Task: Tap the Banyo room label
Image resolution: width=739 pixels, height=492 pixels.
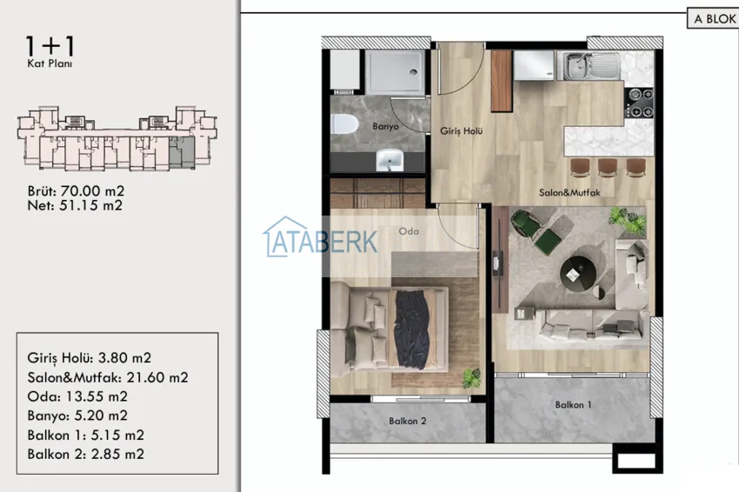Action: tap(385, 126)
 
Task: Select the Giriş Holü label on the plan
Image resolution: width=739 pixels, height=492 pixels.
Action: tap(462, 131)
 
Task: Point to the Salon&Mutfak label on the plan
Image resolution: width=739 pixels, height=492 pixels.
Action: tap(569, 192)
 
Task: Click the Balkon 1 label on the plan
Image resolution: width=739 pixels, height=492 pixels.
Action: tap(573, 404)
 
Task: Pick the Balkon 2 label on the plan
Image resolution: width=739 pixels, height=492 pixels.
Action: tap(408, 421)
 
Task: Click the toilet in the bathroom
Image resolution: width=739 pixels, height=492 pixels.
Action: tap(344, 124)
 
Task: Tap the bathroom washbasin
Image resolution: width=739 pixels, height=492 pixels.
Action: tap(389, 160)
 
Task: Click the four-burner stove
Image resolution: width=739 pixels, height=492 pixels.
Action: tap(640, 103)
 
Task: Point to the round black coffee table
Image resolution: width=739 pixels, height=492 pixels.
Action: tap(578, 274)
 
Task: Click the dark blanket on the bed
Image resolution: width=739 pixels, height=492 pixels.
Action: tap(413, 329)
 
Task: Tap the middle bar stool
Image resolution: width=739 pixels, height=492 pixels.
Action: tap(607, 167)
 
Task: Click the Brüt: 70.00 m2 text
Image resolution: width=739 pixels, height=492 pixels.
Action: tap(76, 191)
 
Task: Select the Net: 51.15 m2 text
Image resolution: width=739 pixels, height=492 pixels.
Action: tap(75, 205)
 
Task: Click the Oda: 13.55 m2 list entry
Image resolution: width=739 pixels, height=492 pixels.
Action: tap(77, 396)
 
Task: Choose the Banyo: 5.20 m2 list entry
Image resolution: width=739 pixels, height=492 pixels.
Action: tap(77, 416)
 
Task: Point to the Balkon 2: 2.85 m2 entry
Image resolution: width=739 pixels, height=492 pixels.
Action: tap(86, 455)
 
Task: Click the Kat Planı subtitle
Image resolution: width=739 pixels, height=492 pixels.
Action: tap(50, 63)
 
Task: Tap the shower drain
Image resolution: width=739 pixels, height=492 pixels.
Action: tap(413, 72)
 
